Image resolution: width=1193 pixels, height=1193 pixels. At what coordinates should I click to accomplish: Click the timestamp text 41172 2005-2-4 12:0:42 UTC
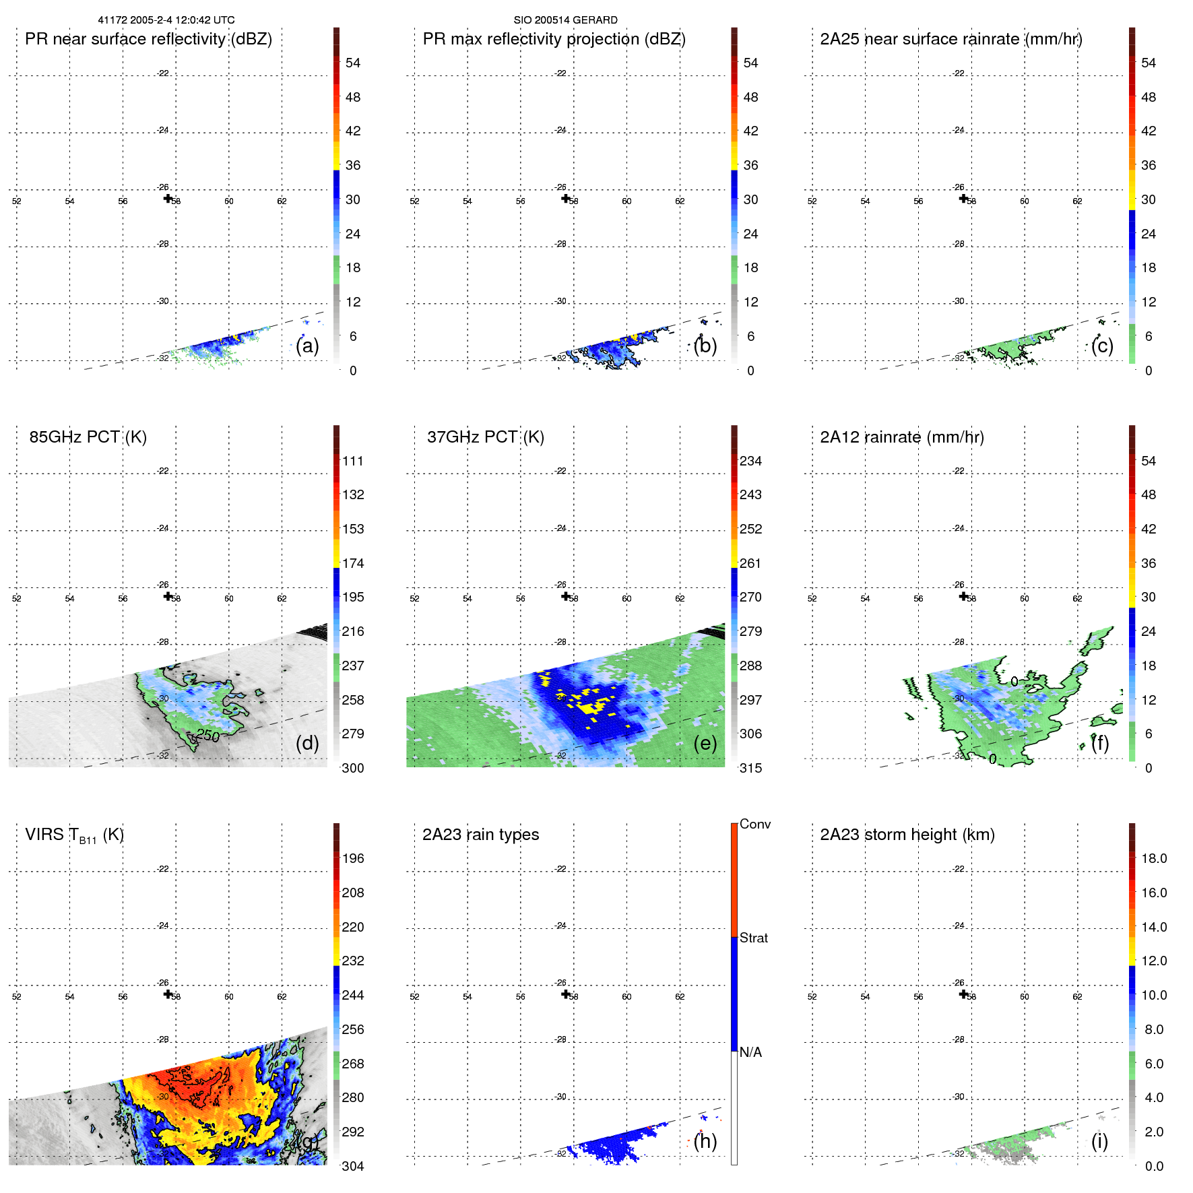[x=166, y=20]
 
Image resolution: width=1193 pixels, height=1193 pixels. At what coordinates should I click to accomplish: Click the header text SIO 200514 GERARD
[x=565, y=20]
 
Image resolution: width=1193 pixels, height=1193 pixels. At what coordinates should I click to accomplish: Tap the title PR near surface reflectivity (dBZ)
[x=148, y=39]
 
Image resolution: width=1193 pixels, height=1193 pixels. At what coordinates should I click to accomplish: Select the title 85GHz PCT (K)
[x=88, y=437]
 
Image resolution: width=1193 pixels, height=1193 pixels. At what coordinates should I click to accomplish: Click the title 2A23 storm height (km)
[x=907, y=835]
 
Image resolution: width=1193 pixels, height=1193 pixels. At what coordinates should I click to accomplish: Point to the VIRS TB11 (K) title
[x=74, y=835]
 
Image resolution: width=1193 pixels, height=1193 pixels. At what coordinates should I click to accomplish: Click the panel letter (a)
[x=307, y=346]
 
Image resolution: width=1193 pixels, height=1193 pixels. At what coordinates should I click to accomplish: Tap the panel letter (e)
[x=705, y=743]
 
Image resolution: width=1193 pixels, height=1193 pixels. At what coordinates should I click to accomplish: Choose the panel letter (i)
[x=1099, y=1141]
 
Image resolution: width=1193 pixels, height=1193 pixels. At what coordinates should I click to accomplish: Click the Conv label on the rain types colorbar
[x=754, y=824]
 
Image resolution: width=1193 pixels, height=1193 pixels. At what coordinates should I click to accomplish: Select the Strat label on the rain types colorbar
[x=753, y=938]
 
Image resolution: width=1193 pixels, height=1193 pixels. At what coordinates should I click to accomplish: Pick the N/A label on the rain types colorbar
[x=750, y=1052]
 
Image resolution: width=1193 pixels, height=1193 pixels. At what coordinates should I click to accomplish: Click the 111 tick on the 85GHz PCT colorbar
[x=352, y=461]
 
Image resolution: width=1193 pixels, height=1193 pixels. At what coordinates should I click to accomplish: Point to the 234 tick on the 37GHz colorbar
[x=750, y=461]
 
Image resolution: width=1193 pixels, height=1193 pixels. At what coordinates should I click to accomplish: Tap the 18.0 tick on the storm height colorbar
[x=1153, y=858]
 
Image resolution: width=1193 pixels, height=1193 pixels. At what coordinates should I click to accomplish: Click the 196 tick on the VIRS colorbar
[x=352, y=858]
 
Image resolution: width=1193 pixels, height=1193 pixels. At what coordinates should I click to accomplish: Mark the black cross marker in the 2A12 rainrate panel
[x=963, y=596]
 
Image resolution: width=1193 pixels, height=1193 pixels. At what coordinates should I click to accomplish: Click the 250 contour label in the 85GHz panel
[x=208, y=736]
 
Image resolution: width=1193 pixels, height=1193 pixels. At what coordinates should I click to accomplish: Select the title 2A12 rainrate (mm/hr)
[x=901, y=437]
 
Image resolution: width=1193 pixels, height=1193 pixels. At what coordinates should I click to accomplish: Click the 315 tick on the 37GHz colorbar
[x=750, y=768]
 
